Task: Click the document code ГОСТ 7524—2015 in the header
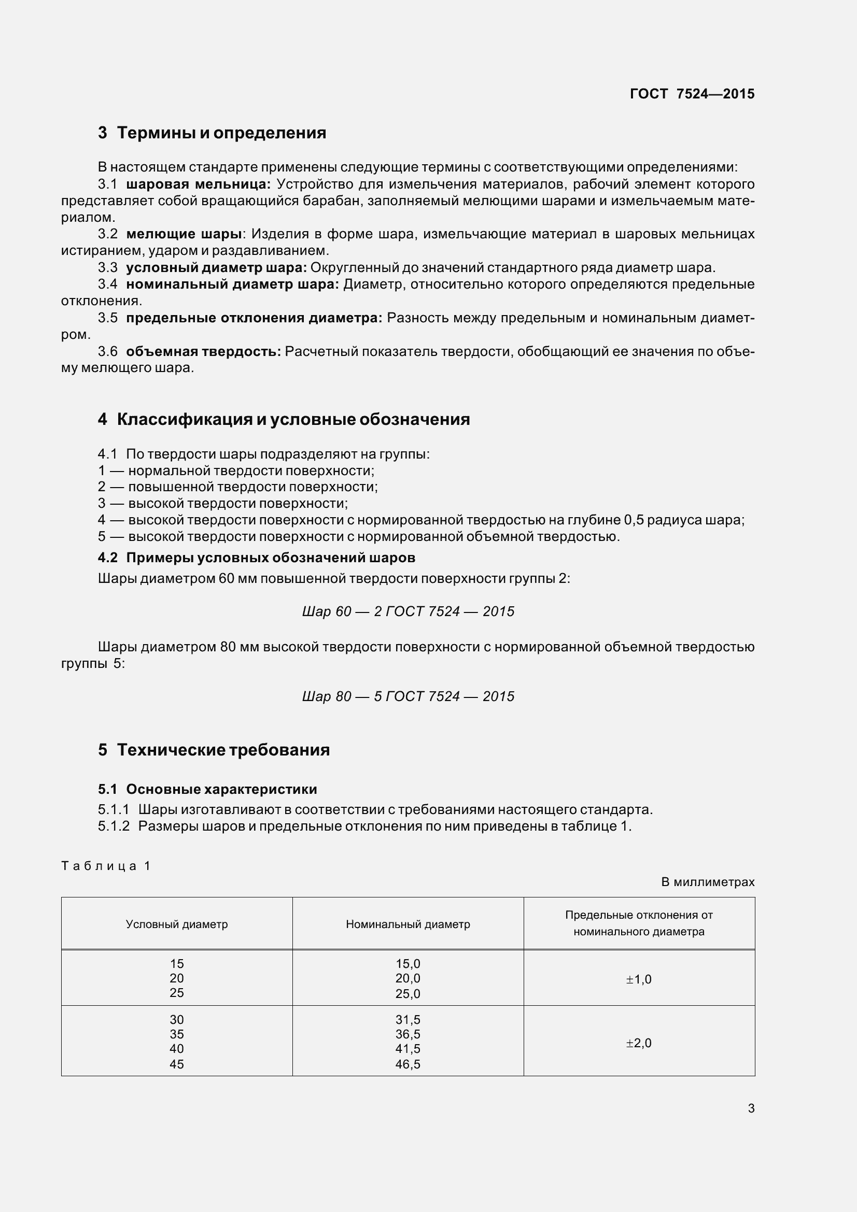(692, 94)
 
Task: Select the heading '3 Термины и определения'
(212, 133)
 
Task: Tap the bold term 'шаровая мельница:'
(199, 184)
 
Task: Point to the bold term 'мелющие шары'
(184, 234)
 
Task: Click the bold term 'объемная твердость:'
(203, 351)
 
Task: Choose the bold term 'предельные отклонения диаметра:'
(254, 318)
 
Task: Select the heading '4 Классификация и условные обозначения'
(284, 419)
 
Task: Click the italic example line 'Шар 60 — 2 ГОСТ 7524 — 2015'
(408, 611)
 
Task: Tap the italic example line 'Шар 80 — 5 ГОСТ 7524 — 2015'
(408, 696)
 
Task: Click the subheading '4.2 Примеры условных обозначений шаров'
(257, 558)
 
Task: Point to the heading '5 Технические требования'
(214, 750)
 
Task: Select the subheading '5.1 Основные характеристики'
(207, 789)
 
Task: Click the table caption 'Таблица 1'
(106, 866)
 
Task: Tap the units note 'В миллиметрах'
(708, 882)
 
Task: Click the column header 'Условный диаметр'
(177, 924)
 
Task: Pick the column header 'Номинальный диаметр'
(408, 924)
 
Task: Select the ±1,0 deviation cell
(639, 979)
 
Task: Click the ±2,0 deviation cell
(639, 1043)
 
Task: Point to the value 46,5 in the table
(408, 1064)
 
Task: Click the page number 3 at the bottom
(751, 1108)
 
